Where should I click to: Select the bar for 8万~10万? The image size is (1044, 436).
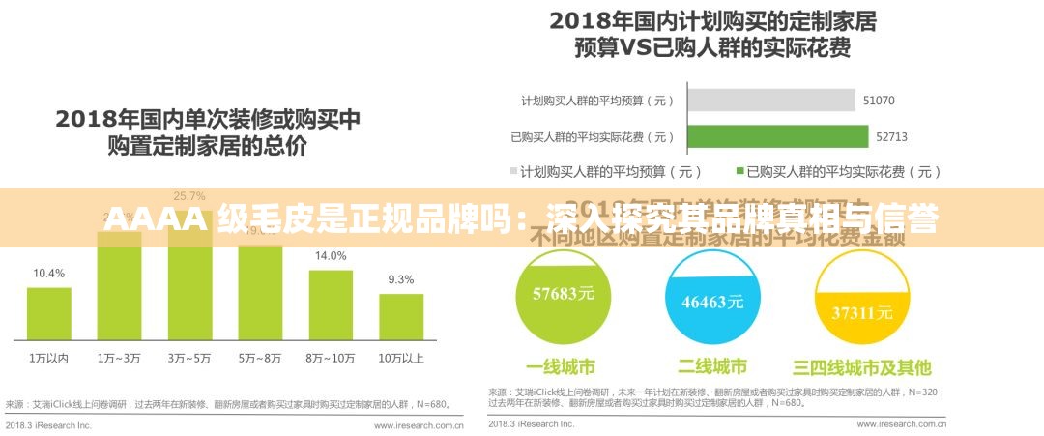[331, 305]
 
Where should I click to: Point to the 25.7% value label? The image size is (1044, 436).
[189, 196]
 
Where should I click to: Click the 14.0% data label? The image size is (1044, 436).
[331, 256]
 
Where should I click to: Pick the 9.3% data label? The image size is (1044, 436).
[401, 280]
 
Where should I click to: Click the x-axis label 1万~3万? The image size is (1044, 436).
[119, 358]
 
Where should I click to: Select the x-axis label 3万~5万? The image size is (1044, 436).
[189, 358]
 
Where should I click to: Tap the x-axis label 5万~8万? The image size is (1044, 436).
[260, 358]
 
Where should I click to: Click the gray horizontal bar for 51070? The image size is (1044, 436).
[770, 101]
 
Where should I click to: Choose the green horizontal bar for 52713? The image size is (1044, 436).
[777, 136]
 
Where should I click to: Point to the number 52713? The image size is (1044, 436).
[891, 137]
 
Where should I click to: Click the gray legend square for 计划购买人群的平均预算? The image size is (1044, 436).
[513, 172]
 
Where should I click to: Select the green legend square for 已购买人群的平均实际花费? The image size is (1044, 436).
[740, 172]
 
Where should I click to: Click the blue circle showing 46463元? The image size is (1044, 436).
[712, 298]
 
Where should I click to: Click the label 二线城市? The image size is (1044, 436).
[712, 367]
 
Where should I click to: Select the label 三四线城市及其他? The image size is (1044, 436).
[862, 367]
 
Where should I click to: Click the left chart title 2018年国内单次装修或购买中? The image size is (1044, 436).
[208, 120]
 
